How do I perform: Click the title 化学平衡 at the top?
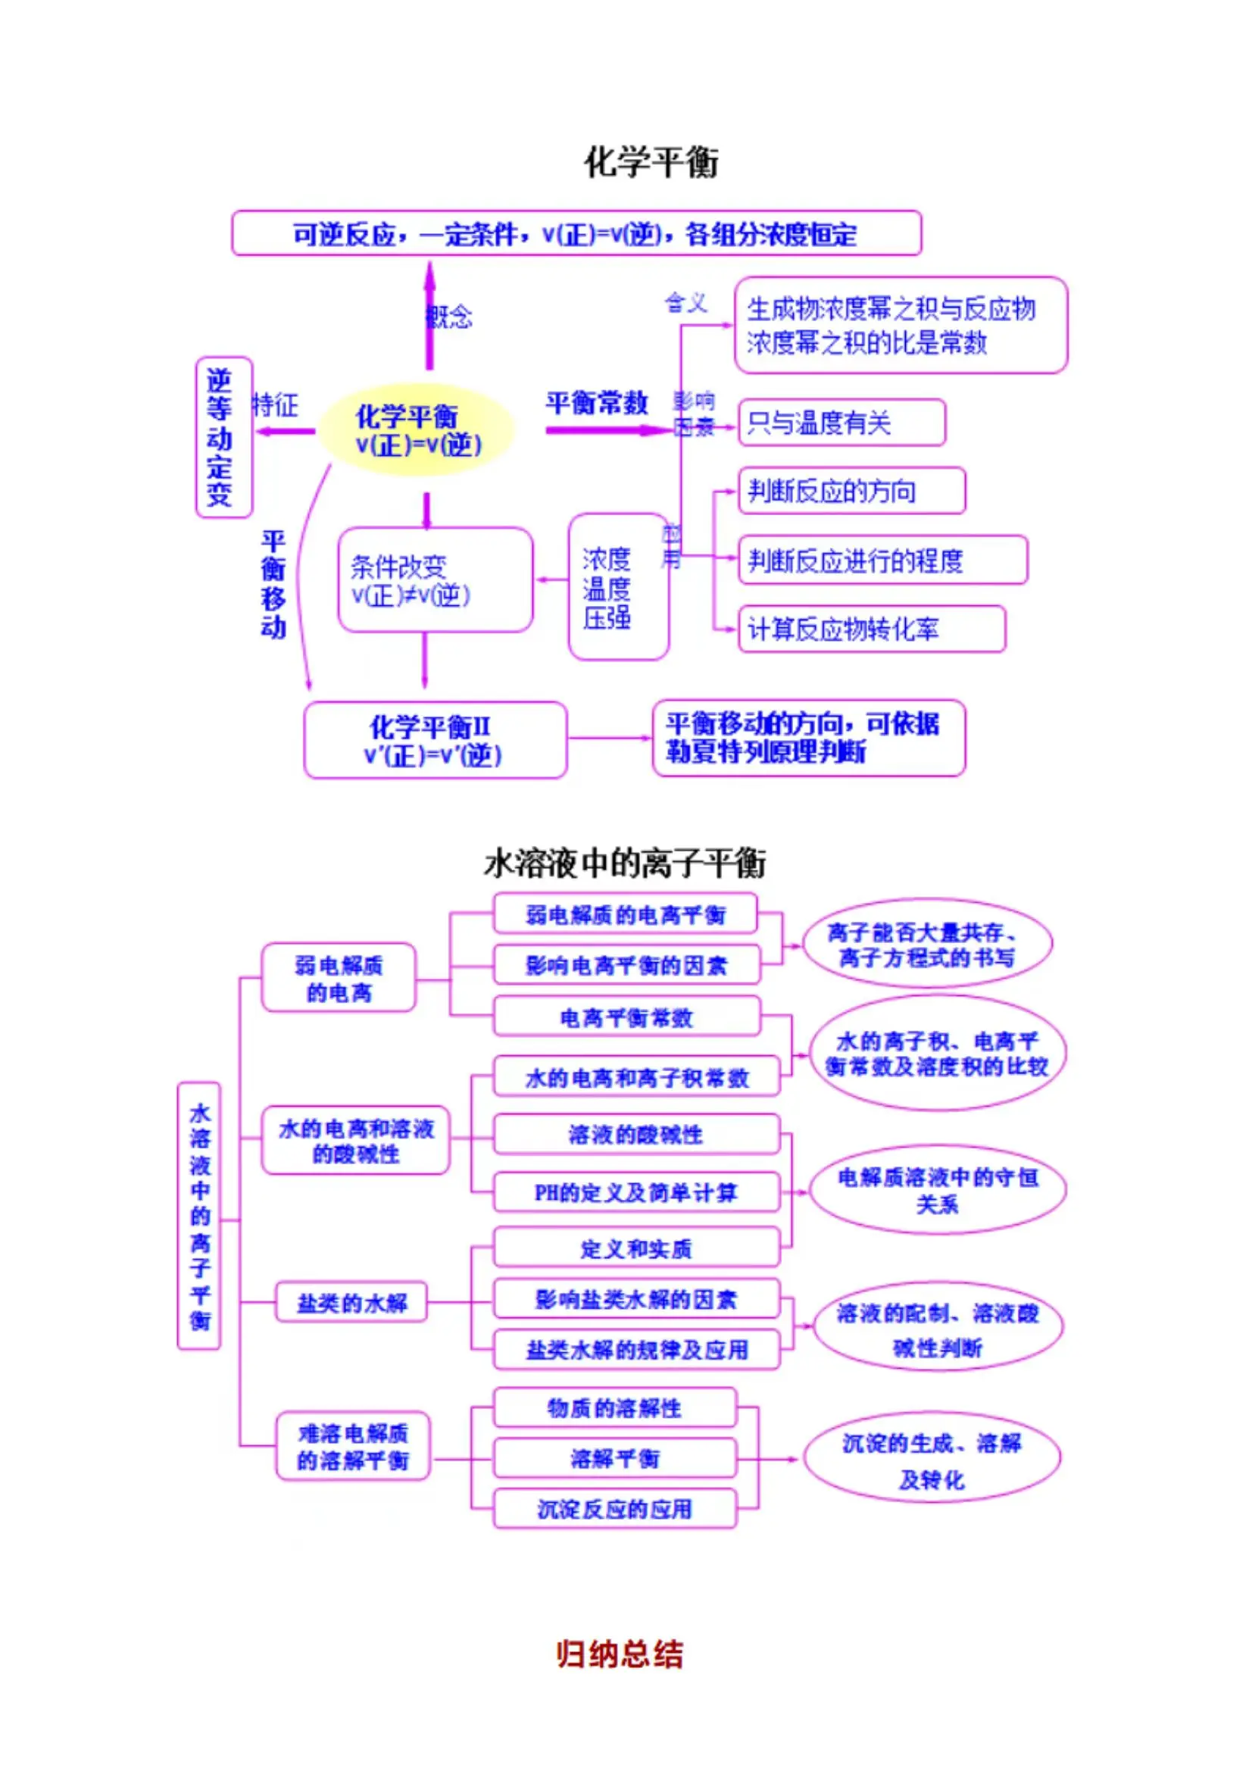click(651, 163)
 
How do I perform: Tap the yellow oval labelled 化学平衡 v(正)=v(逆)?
click(417, 430)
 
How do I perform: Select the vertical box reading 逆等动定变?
click(223, 436)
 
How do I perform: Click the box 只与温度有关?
click(841, 423)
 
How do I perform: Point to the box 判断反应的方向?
click(851, 491)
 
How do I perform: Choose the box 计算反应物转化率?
click(871, 629)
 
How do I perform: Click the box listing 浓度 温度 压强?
click(617, 587)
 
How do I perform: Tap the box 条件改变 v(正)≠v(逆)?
click(434, 580)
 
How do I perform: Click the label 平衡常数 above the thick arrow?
click(596, 403)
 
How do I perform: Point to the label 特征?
click(275, 405)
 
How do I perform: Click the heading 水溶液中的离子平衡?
click(625, 863)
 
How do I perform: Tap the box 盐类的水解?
click(351, 1303)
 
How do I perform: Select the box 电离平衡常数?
click(626, 1017)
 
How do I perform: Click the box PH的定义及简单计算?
click(635, 1192)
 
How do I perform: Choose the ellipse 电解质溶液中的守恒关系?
click(937, 1190)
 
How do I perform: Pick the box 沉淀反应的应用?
click(614, 1508)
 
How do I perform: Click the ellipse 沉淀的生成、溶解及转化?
click(931, 1459)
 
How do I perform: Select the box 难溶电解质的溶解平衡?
click(352, 1446)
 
